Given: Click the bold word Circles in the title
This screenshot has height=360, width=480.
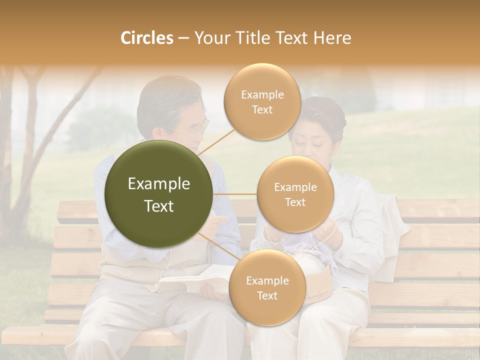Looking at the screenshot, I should point(146,38).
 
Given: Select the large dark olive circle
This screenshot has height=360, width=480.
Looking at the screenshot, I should point(159,194).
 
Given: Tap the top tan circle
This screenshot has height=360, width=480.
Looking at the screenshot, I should point(262,102).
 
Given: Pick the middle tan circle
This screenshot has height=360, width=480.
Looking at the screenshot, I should point(295,194).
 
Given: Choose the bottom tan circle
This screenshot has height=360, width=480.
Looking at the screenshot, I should point(267,288).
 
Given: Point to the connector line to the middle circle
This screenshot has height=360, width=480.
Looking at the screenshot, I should point(235,194).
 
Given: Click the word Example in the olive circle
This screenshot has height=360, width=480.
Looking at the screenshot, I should point(159,184).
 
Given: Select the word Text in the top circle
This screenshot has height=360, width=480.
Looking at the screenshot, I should point(262,110).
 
